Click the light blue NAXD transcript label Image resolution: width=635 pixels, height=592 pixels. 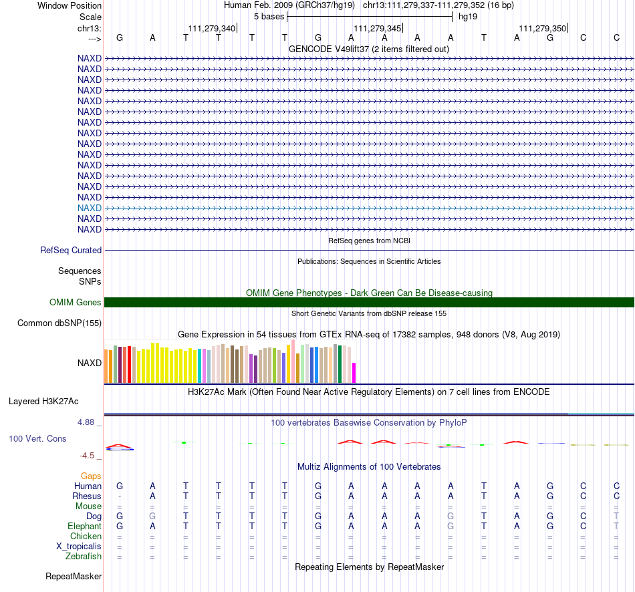click(90, 208)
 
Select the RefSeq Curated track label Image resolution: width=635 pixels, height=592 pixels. click(71, 251)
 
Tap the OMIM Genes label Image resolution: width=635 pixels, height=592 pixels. click(76, 303)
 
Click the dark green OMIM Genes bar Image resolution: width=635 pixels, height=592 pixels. click(369, 303)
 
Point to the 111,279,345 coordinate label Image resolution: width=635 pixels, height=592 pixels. click(378, 28)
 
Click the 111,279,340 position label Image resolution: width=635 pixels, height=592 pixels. click(211, 28)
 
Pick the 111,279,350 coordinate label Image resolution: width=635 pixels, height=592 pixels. click(543, 28)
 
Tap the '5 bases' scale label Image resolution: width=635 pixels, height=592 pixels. click(269, 17)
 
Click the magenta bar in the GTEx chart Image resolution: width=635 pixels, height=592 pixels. click(354, 373)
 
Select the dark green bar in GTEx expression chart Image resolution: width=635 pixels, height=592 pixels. click(340, 364)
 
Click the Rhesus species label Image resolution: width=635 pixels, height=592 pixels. click(87, 496)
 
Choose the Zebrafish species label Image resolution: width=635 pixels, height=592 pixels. click(84, 557)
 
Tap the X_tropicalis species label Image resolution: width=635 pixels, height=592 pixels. click(79, 547)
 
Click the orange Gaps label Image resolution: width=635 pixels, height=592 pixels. click(91, 476)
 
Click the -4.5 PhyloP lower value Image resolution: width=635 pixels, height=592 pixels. click(87, 456)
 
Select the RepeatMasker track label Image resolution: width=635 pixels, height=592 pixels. click(74, 576)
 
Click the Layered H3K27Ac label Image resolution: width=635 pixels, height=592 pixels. click(43, 402)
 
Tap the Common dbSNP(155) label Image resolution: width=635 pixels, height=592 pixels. click(59, 323)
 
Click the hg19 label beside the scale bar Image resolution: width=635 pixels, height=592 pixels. click(468, 17)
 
